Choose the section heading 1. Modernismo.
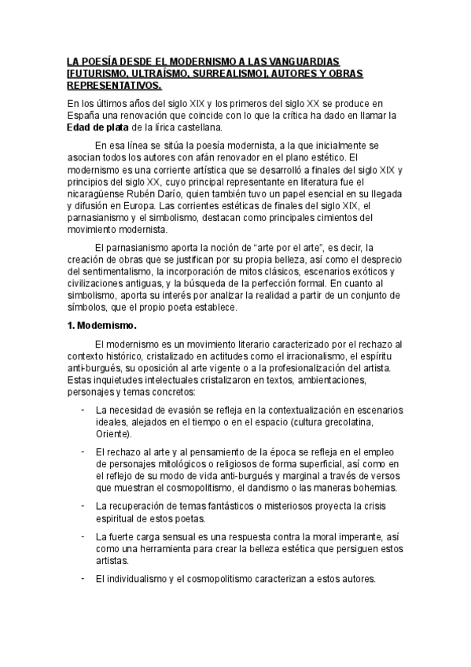(102, 325)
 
